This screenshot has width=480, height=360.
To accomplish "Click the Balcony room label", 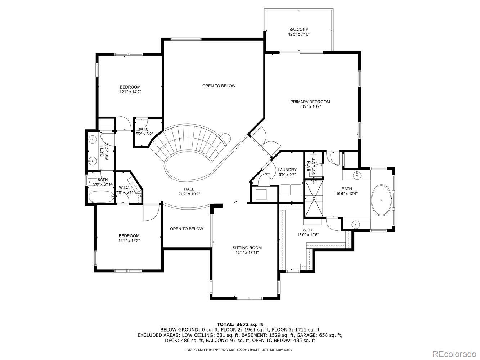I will click(x=299, y=30).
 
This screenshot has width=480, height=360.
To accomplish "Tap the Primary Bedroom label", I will click(x=310, y=102).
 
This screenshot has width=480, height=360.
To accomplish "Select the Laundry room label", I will click(x=287, y=170).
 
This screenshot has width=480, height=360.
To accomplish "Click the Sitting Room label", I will click(x=247, y=248).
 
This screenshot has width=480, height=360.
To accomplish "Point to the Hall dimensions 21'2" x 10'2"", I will click(x=189, y=194).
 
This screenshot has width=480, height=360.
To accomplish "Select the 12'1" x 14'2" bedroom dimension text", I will click(x=130, y=92).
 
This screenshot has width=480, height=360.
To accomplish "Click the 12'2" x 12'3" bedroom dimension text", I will click(x=129, y=241).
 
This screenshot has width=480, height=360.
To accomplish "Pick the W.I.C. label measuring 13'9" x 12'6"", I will click(x=308, y=230).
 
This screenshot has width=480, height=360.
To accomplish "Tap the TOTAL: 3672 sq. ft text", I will click(x=240, y=324).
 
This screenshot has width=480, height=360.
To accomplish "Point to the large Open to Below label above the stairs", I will click(x=219, y=86).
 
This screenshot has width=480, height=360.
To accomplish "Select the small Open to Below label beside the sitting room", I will click(x=186, y=229).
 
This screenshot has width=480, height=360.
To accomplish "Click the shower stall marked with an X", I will click(x=314, y=199).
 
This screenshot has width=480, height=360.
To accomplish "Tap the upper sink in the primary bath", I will click(x=357, y=175).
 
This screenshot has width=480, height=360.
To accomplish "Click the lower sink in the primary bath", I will click(x=355, y=225).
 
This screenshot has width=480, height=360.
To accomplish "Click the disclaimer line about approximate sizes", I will click(x=239, y=350).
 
